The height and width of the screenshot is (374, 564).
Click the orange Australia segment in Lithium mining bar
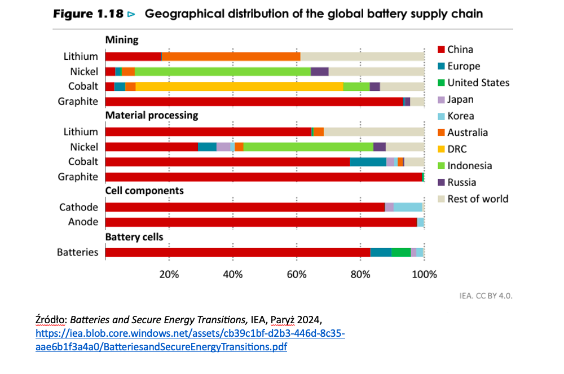point(231,56)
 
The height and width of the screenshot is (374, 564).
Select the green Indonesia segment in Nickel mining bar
point(223,72)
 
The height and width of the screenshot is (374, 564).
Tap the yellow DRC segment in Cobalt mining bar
point(239,86)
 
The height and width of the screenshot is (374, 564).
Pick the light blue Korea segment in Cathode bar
point(407,207)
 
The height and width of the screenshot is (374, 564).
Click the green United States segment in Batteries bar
point(401,252)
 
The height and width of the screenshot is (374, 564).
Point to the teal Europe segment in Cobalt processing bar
point(368,162)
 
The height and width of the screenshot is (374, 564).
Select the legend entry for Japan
point(460,99)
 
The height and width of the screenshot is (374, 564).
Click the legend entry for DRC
point(457,149)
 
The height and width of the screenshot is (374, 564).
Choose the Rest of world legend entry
point(477,199)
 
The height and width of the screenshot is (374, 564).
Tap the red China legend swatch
point(442,50)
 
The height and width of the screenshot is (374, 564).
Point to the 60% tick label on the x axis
point(297,275)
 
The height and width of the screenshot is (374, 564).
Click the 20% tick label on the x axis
point(169,275)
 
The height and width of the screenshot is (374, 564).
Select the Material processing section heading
point(152,115)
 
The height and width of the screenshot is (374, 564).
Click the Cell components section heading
point(144,191)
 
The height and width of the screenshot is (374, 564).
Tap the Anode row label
point(83,222)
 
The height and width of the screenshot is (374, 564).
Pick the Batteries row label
point(77,252)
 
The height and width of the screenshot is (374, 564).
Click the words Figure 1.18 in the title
point(87,14)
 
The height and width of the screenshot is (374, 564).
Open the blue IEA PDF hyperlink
point(190,340)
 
